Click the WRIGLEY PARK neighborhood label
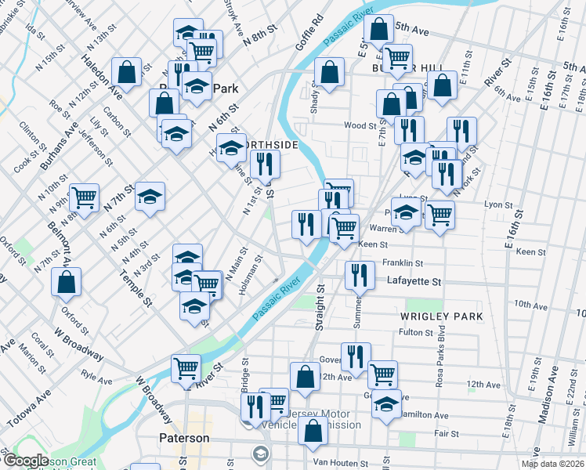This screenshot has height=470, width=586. click(440, 316)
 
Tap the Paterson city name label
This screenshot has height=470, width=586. click(184, 438)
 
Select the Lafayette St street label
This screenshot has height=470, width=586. click(414, 281)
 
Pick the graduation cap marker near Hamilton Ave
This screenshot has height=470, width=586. click(385, 404)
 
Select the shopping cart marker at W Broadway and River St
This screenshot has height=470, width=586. click(186, 368)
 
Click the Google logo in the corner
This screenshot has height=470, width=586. click(25, 461)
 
